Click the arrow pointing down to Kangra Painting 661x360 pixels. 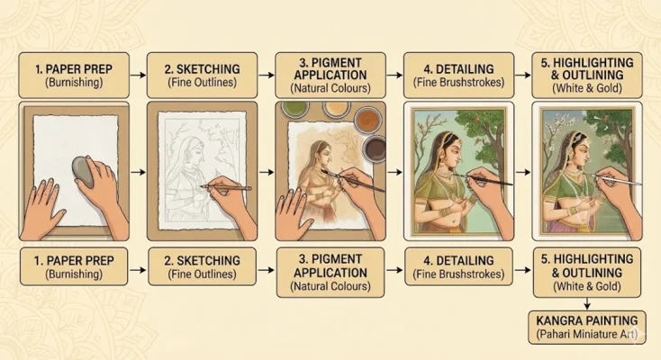tap(586, 302)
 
